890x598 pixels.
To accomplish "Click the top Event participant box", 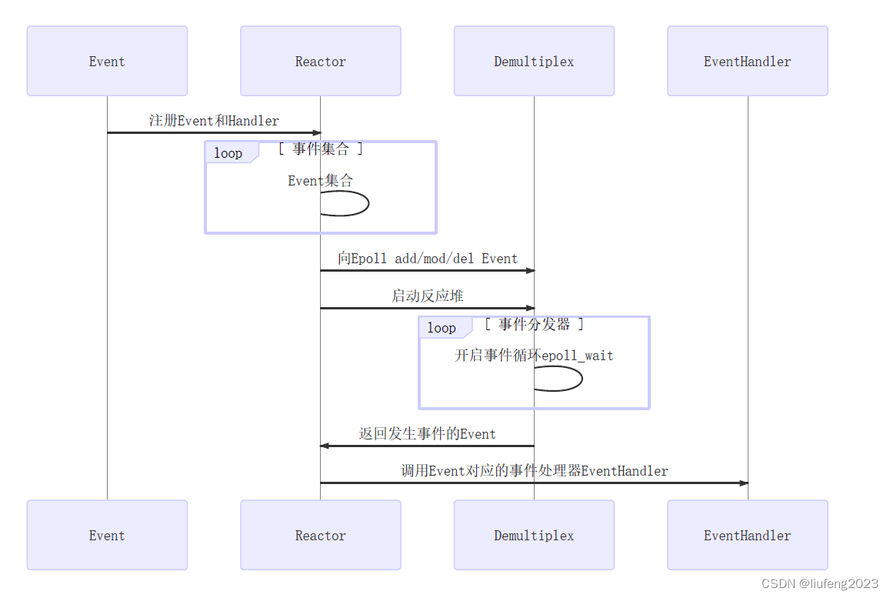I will click(107, 61).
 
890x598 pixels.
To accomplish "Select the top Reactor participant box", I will click(321, 61).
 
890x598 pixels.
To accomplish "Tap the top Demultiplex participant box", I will click(534, 61).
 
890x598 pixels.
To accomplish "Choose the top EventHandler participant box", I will click(747, 61).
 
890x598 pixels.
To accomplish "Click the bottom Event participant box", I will click(107, 535).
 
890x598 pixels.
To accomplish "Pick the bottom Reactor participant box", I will click(321, 535).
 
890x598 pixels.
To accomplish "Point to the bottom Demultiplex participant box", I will click(534, 535).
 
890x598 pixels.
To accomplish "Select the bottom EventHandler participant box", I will click(747, 535).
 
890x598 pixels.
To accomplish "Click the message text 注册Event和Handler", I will click(214, 121).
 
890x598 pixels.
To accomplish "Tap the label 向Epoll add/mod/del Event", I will click(428, 259).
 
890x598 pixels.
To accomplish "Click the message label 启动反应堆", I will click(428, 296).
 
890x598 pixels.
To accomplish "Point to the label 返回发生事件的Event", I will click(428, 434).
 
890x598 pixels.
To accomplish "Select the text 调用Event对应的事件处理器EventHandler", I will click(535, 471).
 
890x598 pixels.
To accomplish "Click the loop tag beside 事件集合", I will click(228, 153).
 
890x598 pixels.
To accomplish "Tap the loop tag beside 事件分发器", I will click(442, 328).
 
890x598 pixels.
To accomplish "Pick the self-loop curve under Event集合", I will click(368, 204).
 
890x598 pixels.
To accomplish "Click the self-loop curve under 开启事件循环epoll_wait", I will click(581, 379).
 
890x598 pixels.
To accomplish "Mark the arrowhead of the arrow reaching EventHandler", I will click(743, 483).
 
